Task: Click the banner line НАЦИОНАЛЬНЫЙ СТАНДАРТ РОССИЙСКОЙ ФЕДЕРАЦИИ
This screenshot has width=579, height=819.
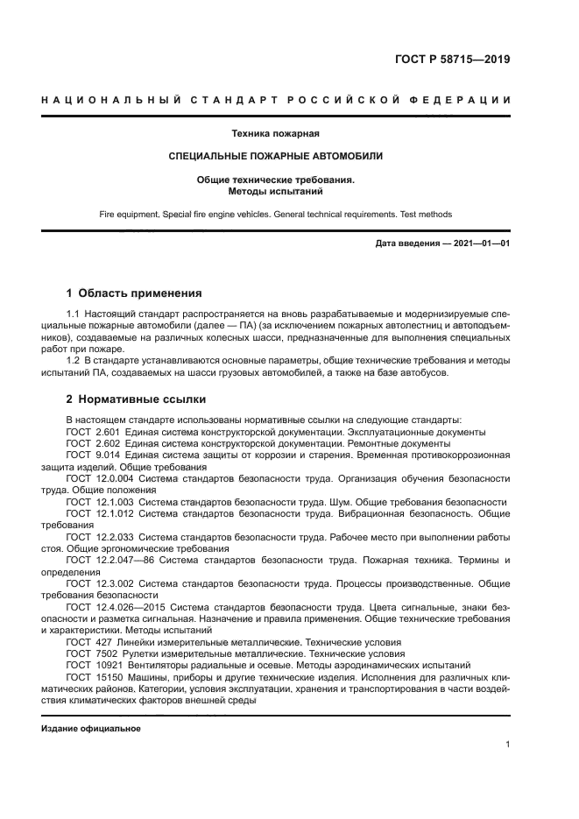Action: coord(276,100)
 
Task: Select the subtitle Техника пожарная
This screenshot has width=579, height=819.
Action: coord(275,134)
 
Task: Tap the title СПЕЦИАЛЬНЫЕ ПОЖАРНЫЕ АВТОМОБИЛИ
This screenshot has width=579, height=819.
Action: coord(275,156)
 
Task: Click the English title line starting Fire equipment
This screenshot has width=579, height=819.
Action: coord(275,213)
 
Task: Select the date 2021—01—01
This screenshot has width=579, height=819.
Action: coord(479,243)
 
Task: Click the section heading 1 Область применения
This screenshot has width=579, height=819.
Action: coord(134,293)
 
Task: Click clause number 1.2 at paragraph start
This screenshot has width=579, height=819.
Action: coord(74,361)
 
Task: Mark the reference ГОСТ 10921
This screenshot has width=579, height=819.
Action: coord(93,665)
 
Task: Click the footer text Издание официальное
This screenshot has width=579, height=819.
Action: coord(90,728)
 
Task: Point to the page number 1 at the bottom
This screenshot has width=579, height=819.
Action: coord(507,745)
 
